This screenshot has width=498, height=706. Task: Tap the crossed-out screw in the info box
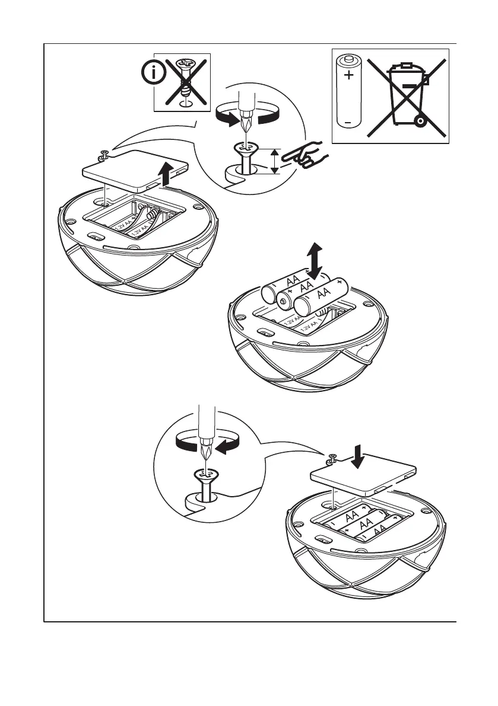[x=185, y=81]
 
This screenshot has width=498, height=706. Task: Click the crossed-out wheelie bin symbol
[x=407, y=97]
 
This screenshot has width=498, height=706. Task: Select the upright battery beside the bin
[x=348, y=90]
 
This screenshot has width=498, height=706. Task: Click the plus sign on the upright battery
[x=348, y=76]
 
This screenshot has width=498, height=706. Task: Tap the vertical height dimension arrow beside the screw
[x=274, y=161]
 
